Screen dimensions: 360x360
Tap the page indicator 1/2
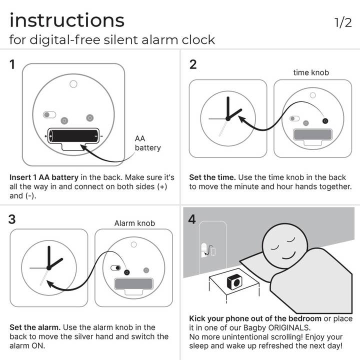click(x=343, y=22)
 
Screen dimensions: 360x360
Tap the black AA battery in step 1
click(x=73, y=135)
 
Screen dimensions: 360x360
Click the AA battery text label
click(x=147, y=143)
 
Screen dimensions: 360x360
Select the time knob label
click(x=311, y=72)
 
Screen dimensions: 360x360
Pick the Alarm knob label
click(x=134, y=223)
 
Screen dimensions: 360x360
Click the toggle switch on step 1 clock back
click(x=49, y=114)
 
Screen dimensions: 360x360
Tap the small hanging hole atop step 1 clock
click(x=73, y=84)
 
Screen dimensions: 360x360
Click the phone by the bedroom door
click(x=213, y=251)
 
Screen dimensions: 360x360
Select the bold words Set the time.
click(x=212, y=177)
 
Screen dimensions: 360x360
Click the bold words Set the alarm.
click(x=35, y=327)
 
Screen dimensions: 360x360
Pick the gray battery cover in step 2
click(x=313, y=134)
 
